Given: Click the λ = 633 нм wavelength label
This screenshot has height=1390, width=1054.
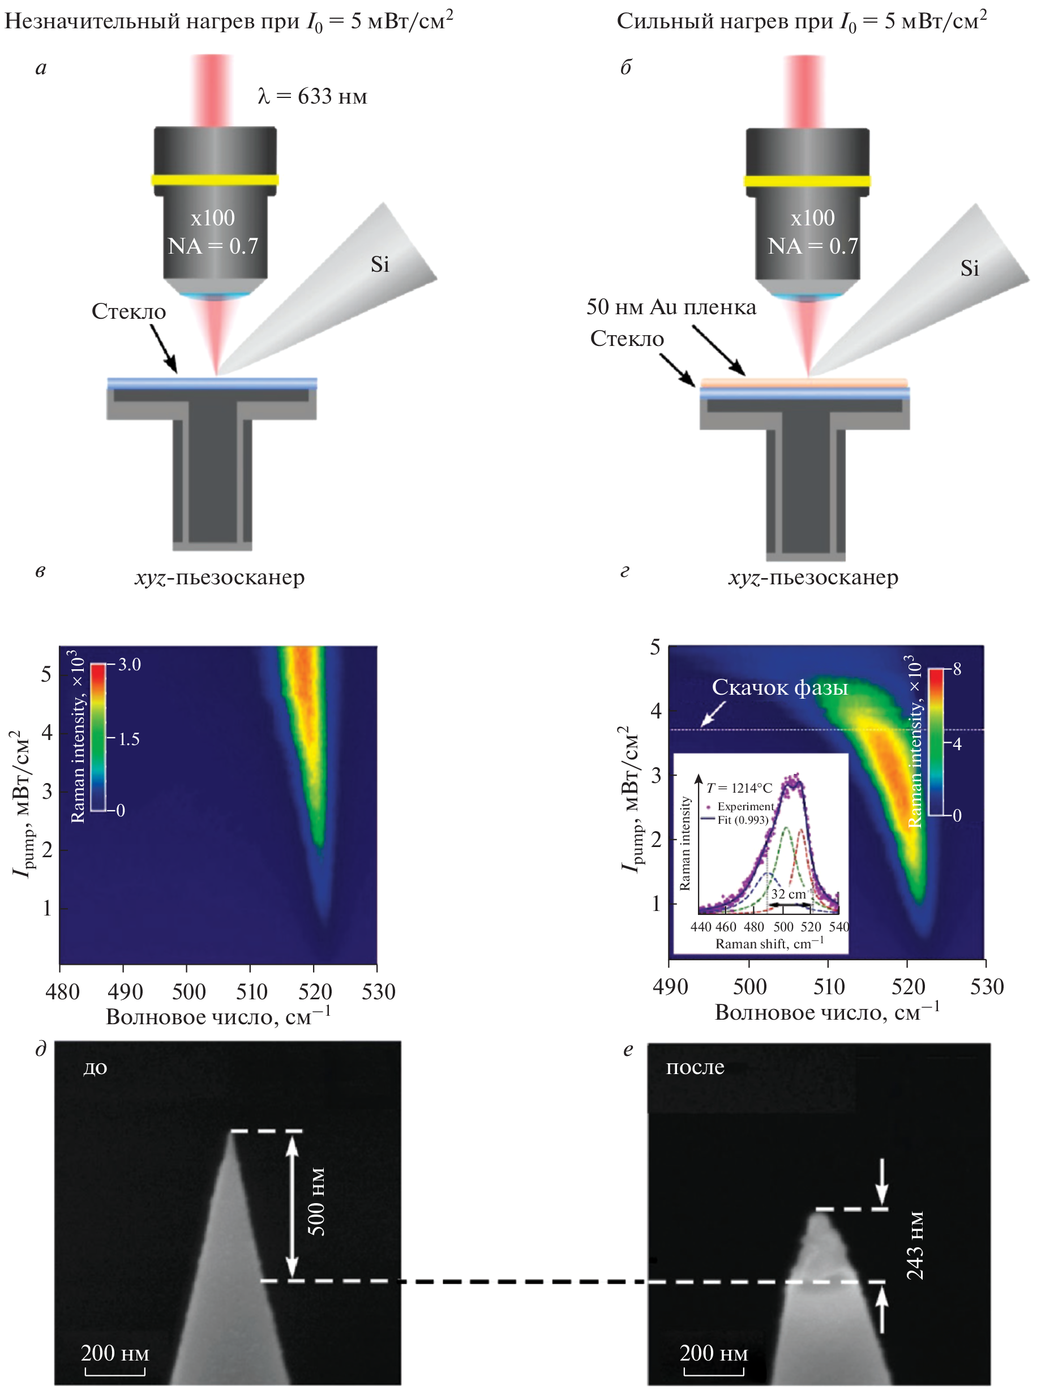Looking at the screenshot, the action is [x=312, y=96].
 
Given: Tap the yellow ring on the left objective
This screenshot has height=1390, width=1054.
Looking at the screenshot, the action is [x=215, y=179].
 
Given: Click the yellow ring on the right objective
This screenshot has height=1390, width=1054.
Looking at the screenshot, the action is [x=807, y=181].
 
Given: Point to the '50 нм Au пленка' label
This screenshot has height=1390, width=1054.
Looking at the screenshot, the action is [x=671, y=307].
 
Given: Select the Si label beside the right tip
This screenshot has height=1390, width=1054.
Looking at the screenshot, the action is [x=969, y=268].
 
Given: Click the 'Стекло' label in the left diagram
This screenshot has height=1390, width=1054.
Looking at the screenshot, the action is [x=128, y=311].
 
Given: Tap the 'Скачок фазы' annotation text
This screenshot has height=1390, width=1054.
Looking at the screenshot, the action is [x=779, y=687].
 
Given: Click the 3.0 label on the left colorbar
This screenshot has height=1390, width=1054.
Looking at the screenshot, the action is [x=130, y=664].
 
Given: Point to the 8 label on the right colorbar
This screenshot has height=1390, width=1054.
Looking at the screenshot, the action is [x=957, y=669].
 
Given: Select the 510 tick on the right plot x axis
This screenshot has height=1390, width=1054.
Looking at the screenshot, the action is [x=829, y=986].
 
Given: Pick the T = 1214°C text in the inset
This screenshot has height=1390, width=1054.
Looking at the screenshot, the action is [x=739, y=788].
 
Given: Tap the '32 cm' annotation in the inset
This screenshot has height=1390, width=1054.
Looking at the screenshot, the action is [x=789, y=893].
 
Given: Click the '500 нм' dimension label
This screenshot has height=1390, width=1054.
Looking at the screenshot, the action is [x=317, y=1201].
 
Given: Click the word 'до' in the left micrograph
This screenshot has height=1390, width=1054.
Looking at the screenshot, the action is [x=96, y=1068].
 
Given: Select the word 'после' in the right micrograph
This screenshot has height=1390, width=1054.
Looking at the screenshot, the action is [x=695, y=1067].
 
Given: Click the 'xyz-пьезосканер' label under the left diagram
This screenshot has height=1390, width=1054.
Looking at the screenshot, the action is [x=220, y=578].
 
